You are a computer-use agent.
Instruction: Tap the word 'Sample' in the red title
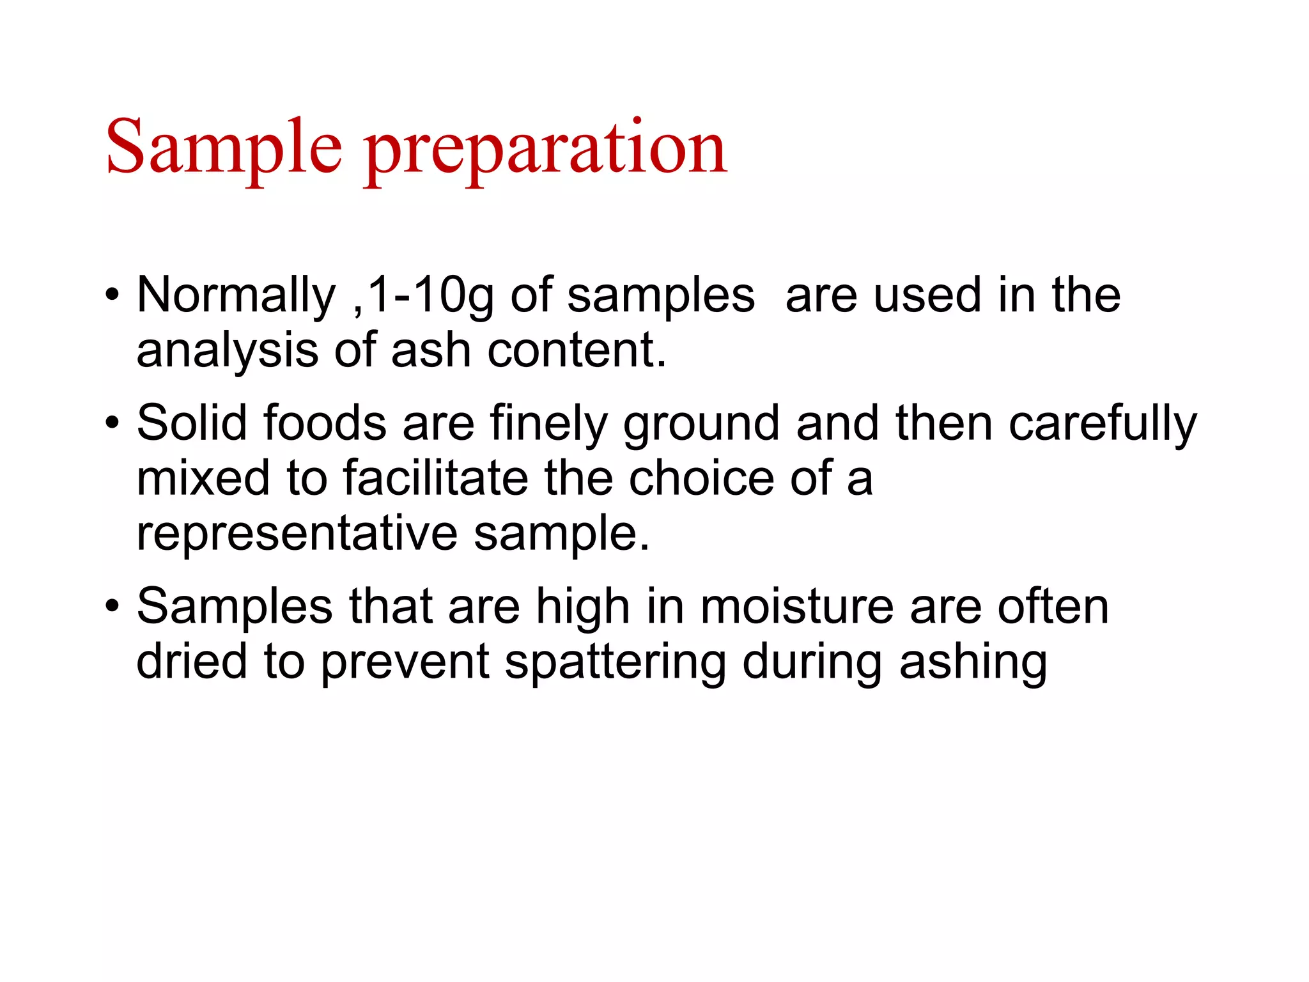[x=224, y=148]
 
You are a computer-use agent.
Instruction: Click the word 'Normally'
[x=236, y=295]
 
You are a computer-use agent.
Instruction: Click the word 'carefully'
[x=1103, y=423]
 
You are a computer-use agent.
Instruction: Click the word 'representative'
[x=297, y=533]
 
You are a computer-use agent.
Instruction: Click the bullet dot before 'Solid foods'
[x=112, y=423]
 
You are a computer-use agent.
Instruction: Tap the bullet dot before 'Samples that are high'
[x=112, y=605]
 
